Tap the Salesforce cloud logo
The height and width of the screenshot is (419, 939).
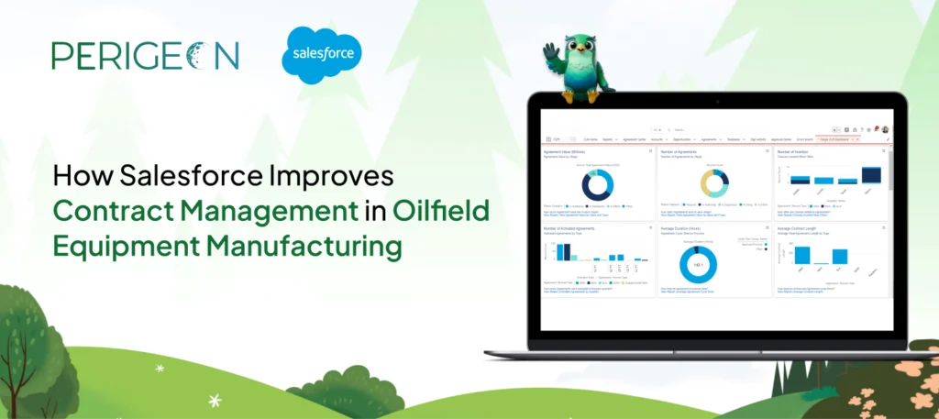pos(322,56)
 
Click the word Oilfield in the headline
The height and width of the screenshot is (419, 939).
pos(440,209)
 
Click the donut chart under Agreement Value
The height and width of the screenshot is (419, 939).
pos(596,186)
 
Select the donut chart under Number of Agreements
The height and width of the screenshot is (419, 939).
pos(713,183)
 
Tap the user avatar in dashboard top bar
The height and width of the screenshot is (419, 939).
pos(886,129)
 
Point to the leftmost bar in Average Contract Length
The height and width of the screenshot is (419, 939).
pos(801,254)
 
